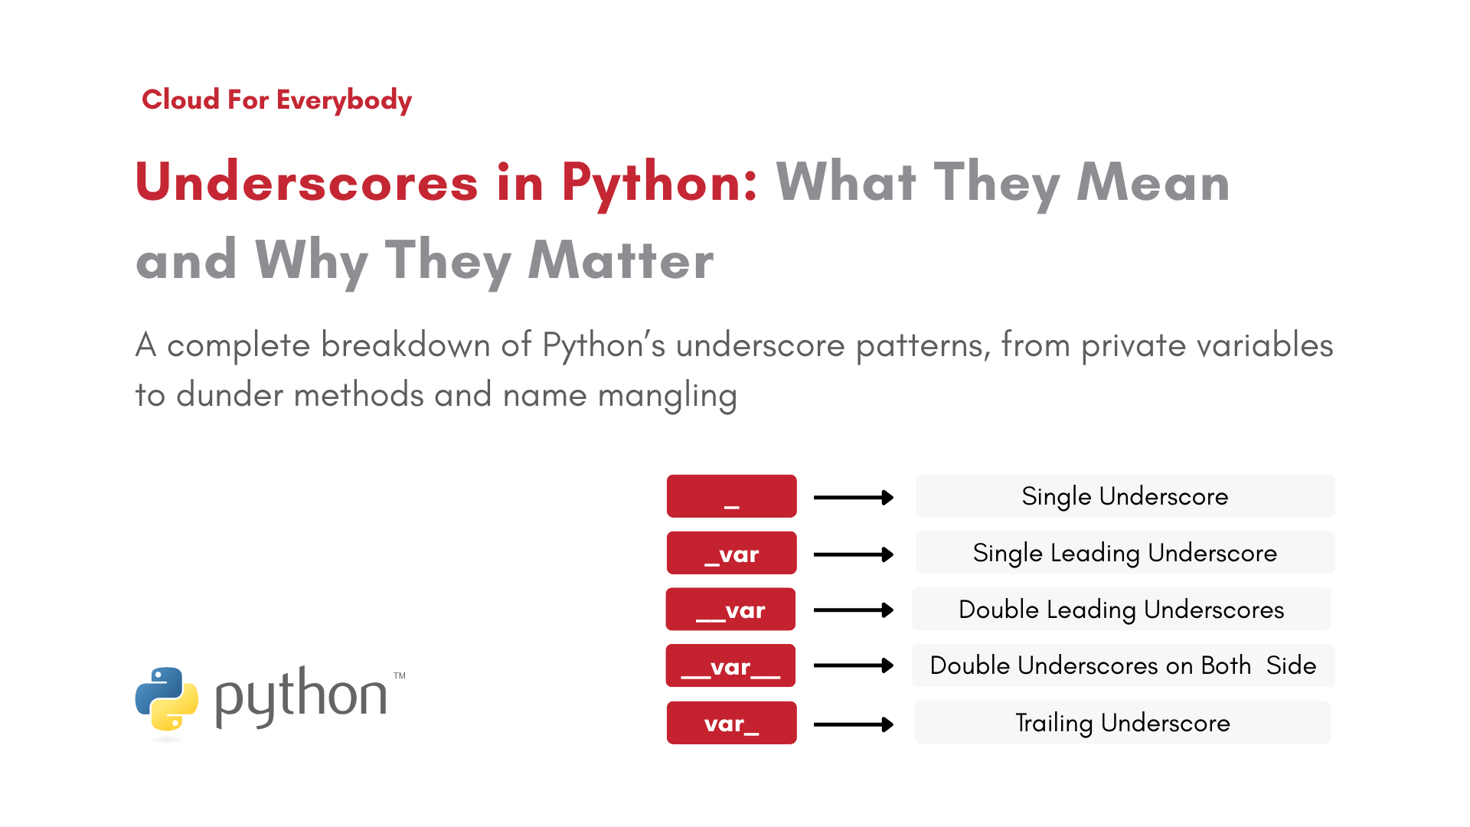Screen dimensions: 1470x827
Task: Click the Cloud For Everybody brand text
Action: click(276, 100)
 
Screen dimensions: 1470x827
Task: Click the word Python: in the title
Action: click(659, 184)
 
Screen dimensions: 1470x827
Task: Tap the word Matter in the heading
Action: click(621, 260)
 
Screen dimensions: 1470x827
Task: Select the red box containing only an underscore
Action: click(732, 496)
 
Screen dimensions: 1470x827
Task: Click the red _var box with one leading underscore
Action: click(732, 553)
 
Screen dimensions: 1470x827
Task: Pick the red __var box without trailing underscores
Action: click(731, 610)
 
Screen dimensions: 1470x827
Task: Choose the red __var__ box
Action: click(731, 666)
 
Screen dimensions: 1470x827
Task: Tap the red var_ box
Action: click(732, 723)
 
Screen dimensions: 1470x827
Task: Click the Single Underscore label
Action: click(1125, 496)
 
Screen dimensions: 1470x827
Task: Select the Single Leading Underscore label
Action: click(1125, 553)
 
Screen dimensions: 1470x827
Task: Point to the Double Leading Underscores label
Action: click(1122, 610)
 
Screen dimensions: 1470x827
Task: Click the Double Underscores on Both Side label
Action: click(1123, 665)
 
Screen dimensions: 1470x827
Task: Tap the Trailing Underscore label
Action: click(1122, 723)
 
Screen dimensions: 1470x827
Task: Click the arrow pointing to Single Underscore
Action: click(854, 498)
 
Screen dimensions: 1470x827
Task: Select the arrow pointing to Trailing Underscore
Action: click(854, 724)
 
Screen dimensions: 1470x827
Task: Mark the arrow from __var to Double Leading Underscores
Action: click(854, 610)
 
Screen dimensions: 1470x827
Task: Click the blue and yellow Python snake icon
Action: click(167, 698)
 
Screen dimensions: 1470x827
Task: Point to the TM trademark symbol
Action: click(400, 676)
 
